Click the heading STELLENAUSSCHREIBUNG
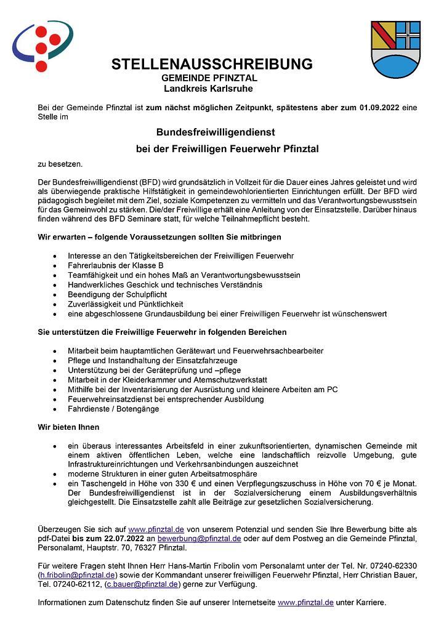coord(212,65)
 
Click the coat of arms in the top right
coord(395,47)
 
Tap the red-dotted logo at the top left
coord(42,46)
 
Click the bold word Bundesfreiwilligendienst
coord(215,132)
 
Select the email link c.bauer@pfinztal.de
coord(142,584)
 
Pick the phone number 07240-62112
coord(76,584)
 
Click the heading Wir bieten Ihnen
coord(68,427)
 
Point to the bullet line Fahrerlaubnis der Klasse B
coord(116,265)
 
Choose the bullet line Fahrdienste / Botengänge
coord(113,409)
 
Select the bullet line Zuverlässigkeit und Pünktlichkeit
coord(126,304)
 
